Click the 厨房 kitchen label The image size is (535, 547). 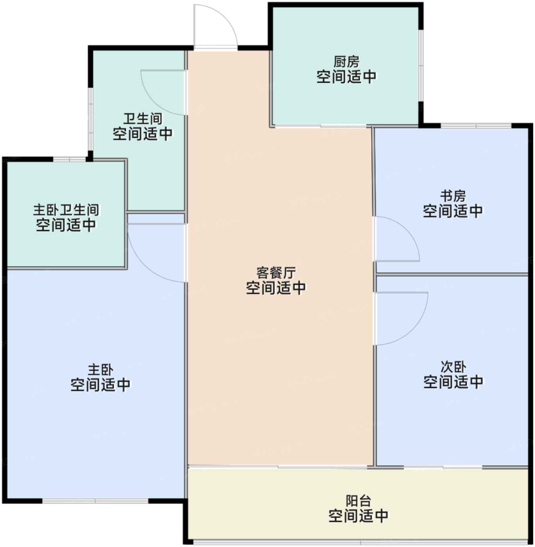tap(346, 62)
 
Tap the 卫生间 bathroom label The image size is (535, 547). tap(143, 119)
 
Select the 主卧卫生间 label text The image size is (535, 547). tap(66, 210)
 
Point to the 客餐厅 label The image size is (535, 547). tap(276, 272)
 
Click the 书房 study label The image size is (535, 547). tap(453, 196)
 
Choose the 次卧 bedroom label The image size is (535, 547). tap(453, 367)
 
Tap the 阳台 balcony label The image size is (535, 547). tap(358, 501)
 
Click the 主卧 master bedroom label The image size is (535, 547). tap(101, 370)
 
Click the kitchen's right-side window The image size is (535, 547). tap(421, 65)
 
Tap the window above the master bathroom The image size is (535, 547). tap(70, 159)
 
